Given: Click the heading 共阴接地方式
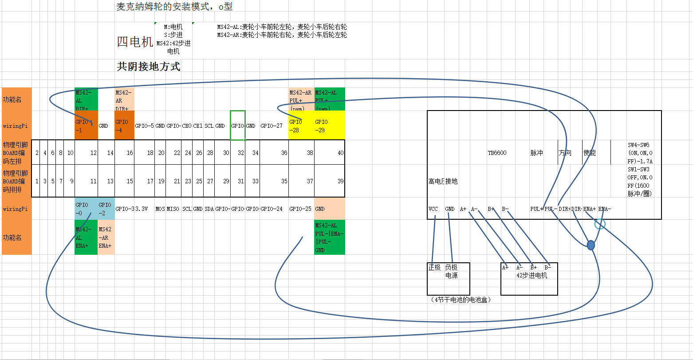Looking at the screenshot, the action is pyautogui.click(x=148, y=67).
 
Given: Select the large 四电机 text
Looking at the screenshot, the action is pyautogui.click(x=135, y=42).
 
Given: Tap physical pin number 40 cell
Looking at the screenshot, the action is pyautogui.click(x=330, y=153).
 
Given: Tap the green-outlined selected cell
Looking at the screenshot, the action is pyautogui.click(x=237, y=126).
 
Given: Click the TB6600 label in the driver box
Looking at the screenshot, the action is pyautogui.click(x=497, y=153).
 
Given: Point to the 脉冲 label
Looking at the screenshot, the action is pyautogui.click(x=536, y=153).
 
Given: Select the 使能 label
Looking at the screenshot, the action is pyautogui.click(x=590, y=153).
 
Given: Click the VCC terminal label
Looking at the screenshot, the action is pyautogui.click(x=433, y=209).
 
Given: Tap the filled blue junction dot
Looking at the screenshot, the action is pyautogui.click(x=591, y=245).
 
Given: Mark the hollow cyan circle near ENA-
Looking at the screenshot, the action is pyautogui.click(x=600, y=224).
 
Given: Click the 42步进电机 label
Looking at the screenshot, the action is pyautogui.click(x=532, y=276).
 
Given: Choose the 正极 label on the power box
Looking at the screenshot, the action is pyautogui.click(x=434, y=268).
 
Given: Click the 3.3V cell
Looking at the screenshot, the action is pyautogui.click(x=142, y=209).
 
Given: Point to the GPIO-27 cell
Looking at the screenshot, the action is pyautogui.click(x=272, y=126).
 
